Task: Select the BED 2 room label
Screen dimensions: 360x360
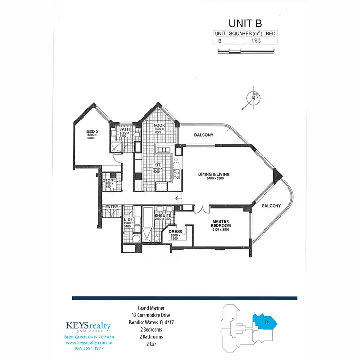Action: [x=92, y=132]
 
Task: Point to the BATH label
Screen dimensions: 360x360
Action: [x=125, y=129]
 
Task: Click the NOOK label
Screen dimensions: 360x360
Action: [x=159, y=125]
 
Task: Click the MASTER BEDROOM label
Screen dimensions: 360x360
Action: [x=221, y=223]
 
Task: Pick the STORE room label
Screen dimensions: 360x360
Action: [x=109, y=180]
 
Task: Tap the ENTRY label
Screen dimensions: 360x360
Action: [x=111, y=207]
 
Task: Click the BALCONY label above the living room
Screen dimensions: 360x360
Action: [x=204, y=135]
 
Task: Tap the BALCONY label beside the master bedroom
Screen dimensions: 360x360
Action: [x=271, y=206]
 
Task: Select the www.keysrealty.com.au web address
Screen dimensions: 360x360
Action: [x=88, y=343]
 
